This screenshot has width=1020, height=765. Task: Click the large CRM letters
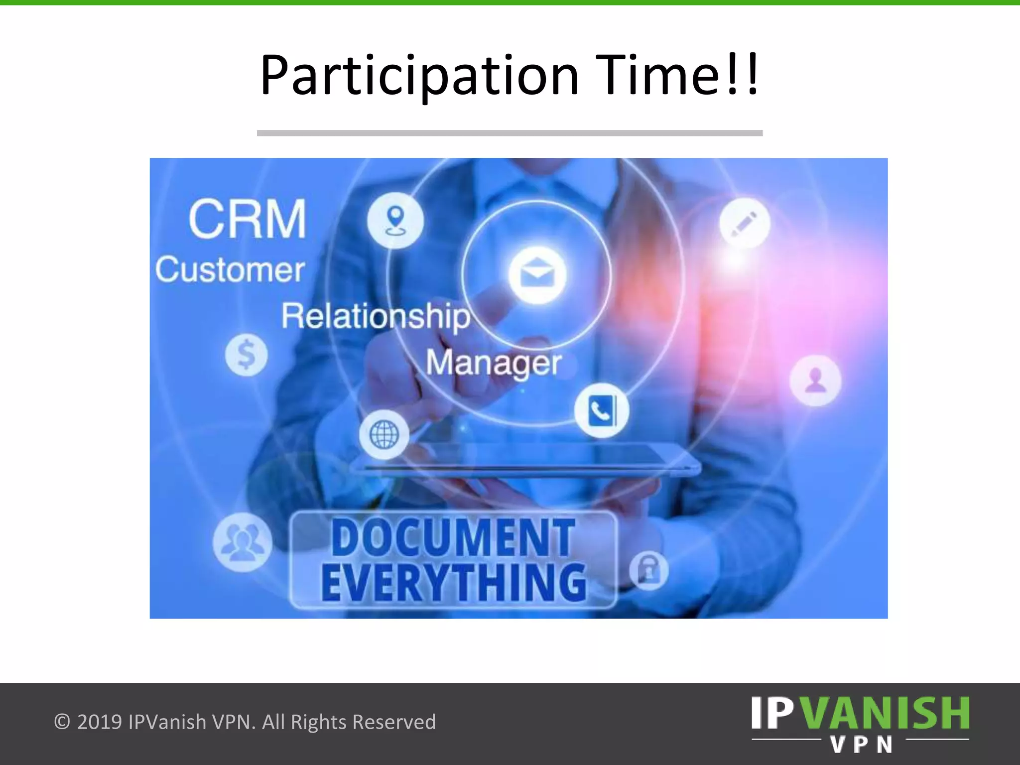[248, 219]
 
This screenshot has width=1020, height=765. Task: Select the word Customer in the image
[230, 270]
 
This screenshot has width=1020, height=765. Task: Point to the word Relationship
[376, 317]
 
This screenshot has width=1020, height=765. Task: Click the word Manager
[494, 364]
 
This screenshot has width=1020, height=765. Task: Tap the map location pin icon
[395, 221]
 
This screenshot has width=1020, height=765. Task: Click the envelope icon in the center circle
[537, 274]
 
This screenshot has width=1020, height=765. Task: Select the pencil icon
[745, 223]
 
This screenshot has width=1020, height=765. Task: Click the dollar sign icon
[246, 355]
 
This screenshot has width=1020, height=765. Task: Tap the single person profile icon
[815, 381]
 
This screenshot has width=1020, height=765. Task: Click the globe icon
[384, 434]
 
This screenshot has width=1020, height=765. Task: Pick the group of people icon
[242, 542]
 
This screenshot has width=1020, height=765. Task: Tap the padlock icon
[648, 571]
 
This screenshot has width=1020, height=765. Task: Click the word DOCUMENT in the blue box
[453, 538]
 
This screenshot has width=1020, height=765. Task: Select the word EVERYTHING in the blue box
[453, 583]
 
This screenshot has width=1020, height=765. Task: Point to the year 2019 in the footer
[100, 722]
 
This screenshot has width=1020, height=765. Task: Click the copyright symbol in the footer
[62, 722]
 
